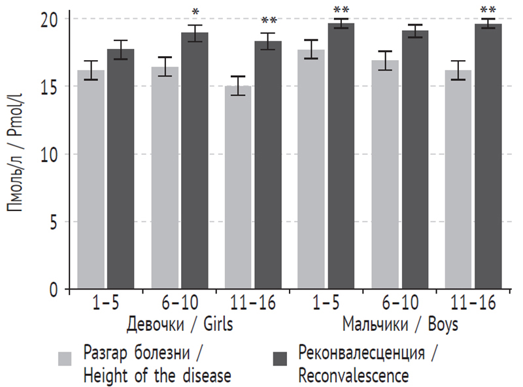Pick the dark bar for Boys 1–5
[x=341, y=156]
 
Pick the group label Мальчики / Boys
[x=399, y=325]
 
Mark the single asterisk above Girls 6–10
[x=195, y=13]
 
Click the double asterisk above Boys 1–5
[x=341, y=10]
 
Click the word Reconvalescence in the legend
[x=353, y=376]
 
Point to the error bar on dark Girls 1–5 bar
[x=120, y=50]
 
